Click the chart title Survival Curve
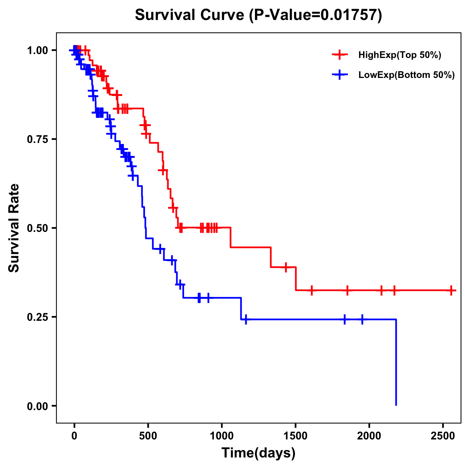[190, 15]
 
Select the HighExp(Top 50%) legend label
[399, 55]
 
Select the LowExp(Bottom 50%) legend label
[407, 75]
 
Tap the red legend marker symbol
[340, 55]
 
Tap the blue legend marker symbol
[340, 75]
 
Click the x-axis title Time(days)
[258, 453]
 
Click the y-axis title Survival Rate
[14, 228]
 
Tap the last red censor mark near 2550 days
[451, 291]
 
